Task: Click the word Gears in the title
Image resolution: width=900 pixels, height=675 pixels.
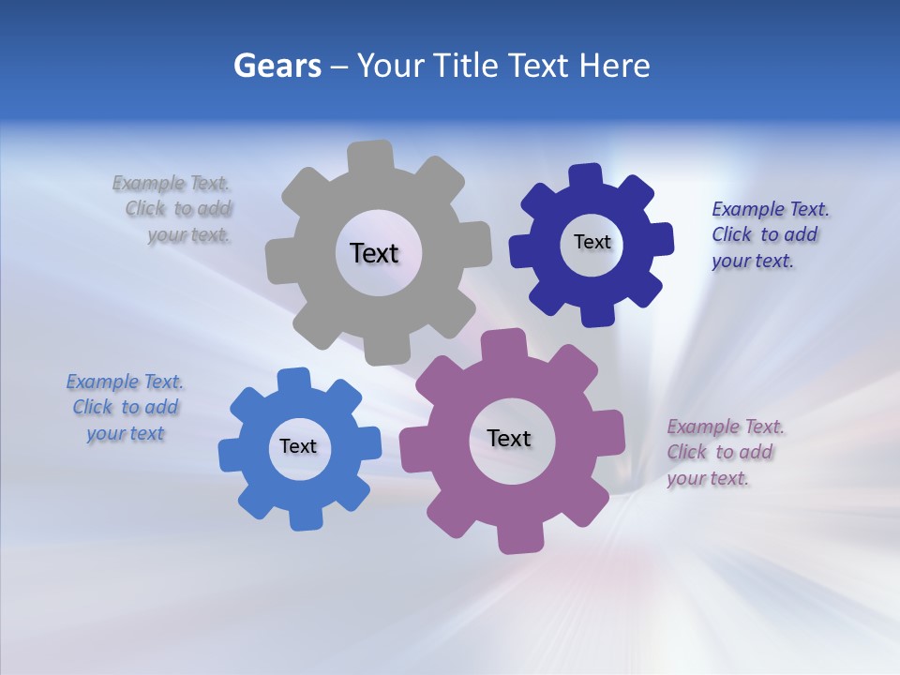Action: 277,66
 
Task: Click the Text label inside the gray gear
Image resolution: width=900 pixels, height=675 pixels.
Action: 374,253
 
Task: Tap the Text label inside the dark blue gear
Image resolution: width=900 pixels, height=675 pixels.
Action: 592,242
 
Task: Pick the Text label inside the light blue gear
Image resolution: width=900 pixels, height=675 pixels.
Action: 298,446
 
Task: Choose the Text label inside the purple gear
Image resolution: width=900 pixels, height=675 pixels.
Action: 509,438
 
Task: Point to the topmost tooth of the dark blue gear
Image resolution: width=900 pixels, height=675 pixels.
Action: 585,176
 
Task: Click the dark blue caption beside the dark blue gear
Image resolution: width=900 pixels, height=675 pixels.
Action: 769,234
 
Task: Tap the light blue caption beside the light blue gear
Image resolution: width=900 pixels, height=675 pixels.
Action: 126,407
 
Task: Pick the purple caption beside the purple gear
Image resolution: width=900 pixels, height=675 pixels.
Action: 724,452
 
